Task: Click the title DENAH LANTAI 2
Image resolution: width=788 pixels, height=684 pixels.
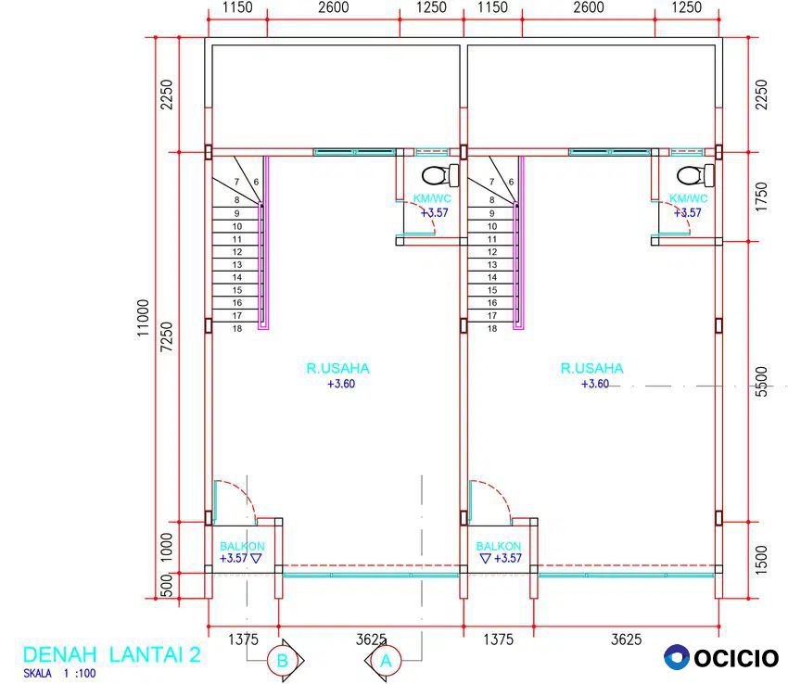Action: (111, 654)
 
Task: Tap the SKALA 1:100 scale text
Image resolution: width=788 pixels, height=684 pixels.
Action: (59, 674)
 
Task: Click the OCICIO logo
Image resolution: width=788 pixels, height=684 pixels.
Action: (721, 657)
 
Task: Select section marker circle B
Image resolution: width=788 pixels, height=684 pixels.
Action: (283, 661)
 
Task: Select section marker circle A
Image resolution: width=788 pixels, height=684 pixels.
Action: (386, 661)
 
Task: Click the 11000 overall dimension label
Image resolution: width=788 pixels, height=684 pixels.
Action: (143, 318)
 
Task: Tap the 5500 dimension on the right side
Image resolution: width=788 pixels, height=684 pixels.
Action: (762, 382)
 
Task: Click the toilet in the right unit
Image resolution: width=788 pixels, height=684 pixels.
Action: (695, 175)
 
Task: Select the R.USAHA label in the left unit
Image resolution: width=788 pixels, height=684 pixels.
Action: (337, 368)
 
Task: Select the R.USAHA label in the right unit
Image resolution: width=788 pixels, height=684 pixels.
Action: (592, 368)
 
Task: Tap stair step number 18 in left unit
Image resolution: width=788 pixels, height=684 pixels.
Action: (237, 329)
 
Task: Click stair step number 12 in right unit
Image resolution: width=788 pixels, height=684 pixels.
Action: (492, 252)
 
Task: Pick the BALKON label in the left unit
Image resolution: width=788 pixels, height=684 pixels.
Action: (242, 546)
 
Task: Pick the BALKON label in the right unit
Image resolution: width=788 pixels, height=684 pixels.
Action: (499, 546)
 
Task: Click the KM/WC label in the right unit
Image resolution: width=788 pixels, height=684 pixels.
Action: (689, 198)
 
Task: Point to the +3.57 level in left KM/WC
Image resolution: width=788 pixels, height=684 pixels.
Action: (434, 212)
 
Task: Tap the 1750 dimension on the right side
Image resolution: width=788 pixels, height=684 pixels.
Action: (762, 196)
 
